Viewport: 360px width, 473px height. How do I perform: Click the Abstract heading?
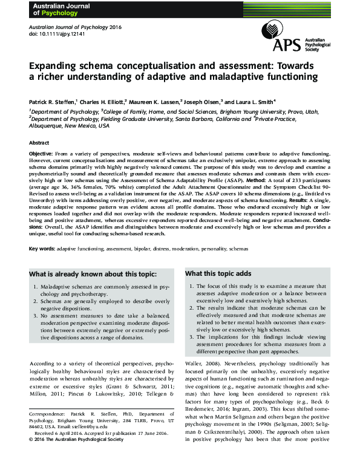click(39, 143)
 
